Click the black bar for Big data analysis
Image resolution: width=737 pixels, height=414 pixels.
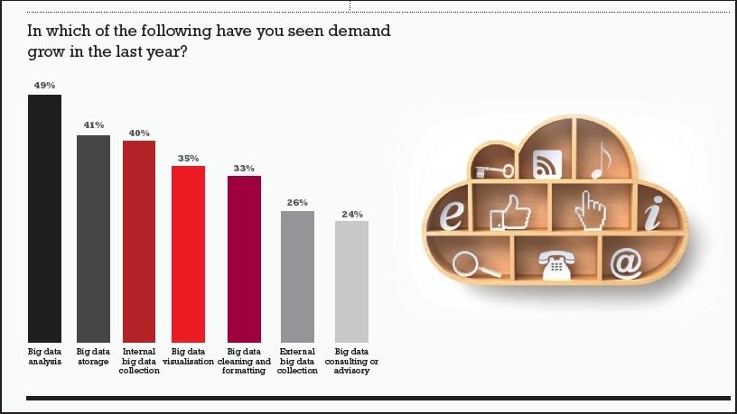tap(44, 216)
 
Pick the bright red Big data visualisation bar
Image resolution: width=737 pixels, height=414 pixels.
tap(188, 253)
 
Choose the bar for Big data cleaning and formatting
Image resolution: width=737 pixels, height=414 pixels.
tap(244, 258)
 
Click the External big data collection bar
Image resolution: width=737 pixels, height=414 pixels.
tap(297, 276)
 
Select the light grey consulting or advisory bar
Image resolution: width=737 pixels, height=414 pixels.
tap(351, 281)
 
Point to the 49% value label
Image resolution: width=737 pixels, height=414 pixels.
tap(44, 85)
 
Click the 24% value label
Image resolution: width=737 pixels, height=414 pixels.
tap(351, 214)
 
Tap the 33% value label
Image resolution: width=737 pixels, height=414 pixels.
tap(244, 168)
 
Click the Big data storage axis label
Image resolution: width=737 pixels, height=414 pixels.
tap(93, 356)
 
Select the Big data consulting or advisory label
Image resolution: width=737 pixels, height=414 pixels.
tap(351, 361)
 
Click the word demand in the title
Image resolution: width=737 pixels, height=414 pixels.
tap(359, 31)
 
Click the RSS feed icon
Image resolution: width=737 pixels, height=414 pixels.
tap(546, 164)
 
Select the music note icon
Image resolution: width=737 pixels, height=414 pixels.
tap(601, 161)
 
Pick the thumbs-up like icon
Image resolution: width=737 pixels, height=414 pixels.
tap(508, 214)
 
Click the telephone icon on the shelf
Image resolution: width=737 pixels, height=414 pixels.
tap(554, 265)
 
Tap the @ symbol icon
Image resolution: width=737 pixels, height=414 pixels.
tap(625, 262)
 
